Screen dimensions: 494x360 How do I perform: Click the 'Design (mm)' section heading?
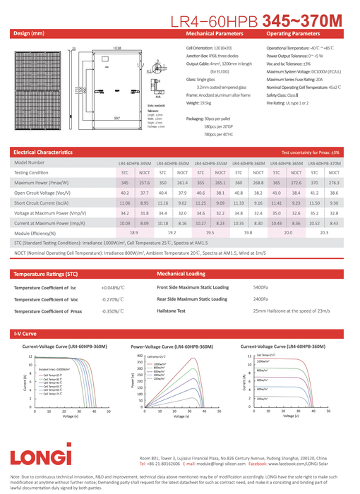pos(29,33)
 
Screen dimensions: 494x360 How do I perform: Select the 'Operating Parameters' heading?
pos(292,33)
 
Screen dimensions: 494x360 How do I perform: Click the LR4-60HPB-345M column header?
pos(134,162)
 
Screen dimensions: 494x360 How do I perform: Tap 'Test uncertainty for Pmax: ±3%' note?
pos(310,152)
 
